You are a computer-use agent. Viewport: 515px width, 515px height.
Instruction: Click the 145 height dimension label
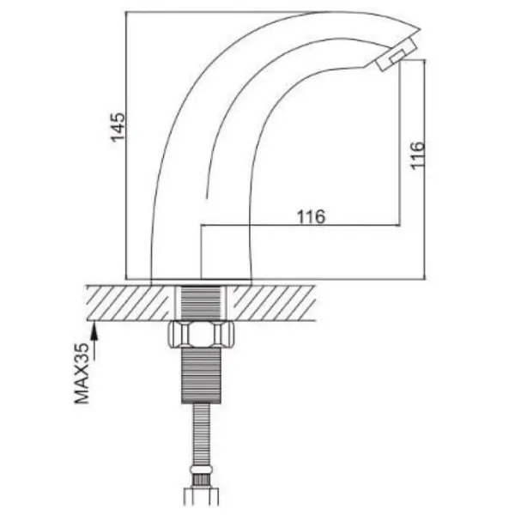[x=118, y=127]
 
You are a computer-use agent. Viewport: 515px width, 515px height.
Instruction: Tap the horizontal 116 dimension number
[x=311, y=216]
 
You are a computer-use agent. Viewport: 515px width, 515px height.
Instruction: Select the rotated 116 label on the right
[x=418, y=155]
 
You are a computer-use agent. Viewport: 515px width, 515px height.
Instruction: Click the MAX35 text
[x=82, y=373]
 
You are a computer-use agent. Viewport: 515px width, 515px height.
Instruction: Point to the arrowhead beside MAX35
[x=94, y=330]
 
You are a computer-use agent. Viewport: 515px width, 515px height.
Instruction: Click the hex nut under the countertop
[x=201, y=334]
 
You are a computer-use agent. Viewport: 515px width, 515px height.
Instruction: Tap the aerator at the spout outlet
[x=397, y=54]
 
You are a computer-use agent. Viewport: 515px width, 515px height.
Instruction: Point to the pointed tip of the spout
[x=421, y=29]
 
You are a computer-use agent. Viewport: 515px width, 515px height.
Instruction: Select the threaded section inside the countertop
[x=201, y=302]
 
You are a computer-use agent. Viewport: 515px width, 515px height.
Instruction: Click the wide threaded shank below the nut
[x=201, y=375]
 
